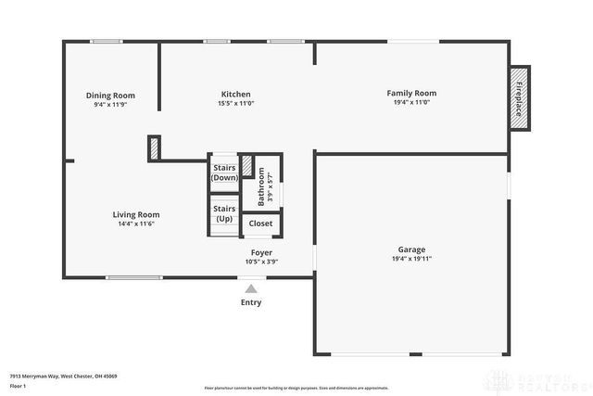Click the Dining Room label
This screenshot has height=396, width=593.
tap(110, 96)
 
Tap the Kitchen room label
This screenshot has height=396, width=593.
tap(235, 94)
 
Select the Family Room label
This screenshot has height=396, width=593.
tap(411, 93)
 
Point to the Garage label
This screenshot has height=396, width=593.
tap(411, 249)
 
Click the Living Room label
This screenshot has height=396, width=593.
tap(136, 214)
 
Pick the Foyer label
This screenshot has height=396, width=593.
tap(261, 252)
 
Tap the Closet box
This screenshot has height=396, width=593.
tap(260, 224)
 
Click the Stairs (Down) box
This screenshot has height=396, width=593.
tap(224, 172)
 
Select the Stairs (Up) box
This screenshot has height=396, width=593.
tap(224, 214)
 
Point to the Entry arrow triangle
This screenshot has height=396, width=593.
tap(250, 289)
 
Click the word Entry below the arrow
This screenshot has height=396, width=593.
tap(251, 302)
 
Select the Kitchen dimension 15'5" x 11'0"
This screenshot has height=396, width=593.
tap(235, 104)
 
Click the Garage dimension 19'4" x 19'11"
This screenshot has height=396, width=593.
tap(411, 259)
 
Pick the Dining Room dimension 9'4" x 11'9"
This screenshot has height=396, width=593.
tap(110, 105)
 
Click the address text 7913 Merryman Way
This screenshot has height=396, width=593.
tap(63, 376)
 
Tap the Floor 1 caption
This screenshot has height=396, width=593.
tap(19, 386)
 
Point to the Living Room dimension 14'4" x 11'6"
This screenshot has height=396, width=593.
tap(136, 224)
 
